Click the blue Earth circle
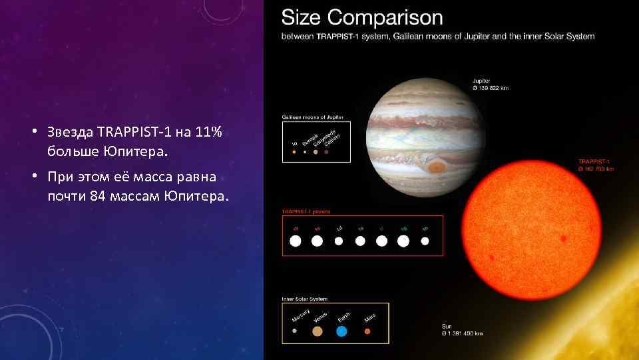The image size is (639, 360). click(341, 331)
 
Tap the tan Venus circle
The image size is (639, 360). click(318, 331)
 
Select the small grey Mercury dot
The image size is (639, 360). click(294, 331)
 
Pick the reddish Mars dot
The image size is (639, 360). click(367, 331)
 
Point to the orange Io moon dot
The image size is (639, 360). click(294, 152)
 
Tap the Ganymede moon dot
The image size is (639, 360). click(316, 152)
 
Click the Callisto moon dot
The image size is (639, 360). click(326, 152)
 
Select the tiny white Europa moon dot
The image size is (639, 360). click(305, 152)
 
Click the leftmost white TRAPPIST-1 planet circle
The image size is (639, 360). click(296, 241)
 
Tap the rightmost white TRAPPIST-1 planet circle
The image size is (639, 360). click(425, 241)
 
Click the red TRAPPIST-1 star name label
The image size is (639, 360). click(594, 161)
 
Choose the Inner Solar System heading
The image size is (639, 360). click(305, 299)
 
